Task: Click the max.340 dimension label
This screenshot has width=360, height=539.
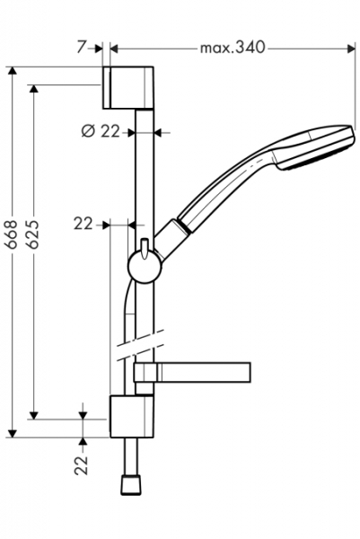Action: tap(233, 48)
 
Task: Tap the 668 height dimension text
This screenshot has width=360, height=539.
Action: tap(13, 234)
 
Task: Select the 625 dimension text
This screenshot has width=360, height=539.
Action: tap(33, 234)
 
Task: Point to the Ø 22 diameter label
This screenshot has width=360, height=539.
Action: tap(101, 131)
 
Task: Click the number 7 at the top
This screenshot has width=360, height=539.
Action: tap(81, 47)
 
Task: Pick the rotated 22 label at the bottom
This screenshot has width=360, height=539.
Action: tap(82, 465)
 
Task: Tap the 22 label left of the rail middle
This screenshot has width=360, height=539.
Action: tap(83, 224)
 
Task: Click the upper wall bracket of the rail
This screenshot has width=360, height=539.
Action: tap(128, 87)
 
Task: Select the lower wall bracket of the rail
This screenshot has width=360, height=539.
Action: tap(132, 416)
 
